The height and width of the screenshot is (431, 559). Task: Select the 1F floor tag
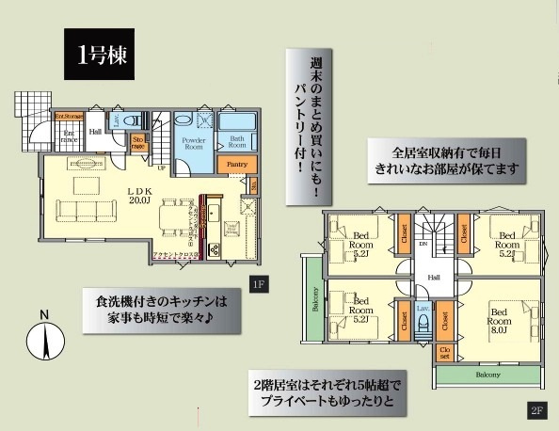click(257, 283)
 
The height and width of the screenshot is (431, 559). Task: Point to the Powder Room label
click(195, 143)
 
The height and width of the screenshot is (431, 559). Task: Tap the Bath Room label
click(238, 142)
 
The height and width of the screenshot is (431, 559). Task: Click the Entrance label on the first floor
click(69, 138)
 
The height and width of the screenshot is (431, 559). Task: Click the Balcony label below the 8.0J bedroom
click(487, 374)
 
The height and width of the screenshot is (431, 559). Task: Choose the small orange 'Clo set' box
click(443, 354)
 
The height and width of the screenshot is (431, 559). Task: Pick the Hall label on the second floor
click(434, 278)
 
